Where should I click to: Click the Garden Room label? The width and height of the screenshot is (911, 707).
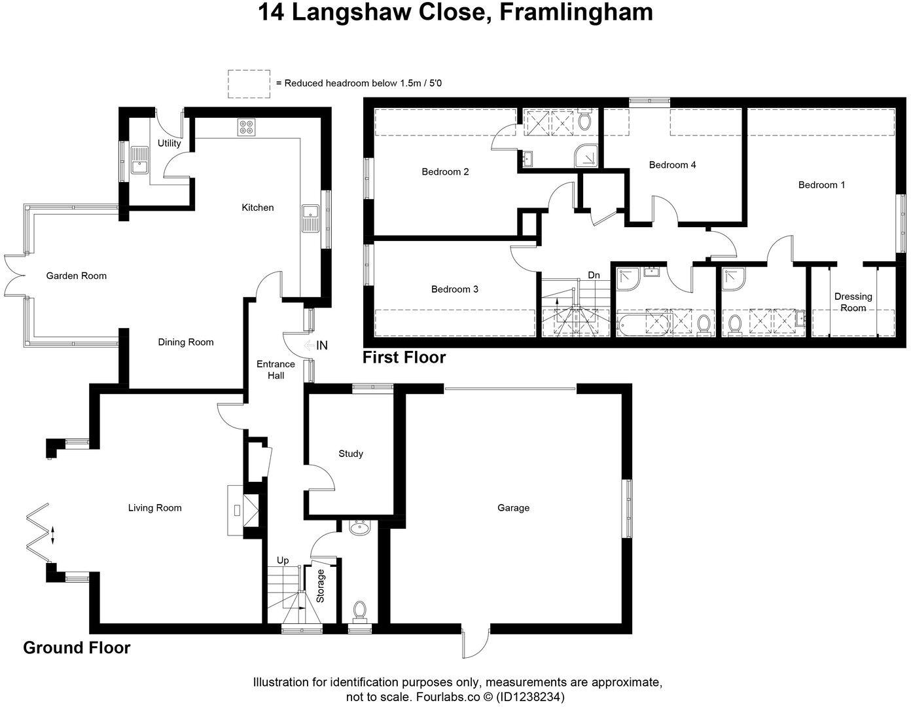76,276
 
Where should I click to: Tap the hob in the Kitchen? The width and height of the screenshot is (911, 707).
247,126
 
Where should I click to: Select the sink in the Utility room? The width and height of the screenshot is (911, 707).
139,160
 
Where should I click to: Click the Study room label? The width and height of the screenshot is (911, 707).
351,453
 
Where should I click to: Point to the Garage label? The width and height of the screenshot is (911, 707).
513,507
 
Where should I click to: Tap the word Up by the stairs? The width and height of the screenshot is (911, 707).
283,560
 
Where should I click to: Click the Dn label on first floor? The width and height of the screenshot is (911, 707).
594,275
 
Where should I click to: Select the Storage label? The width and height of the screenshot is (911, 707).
321,586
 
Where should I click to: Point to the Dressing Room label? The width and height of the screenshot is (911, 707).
853,302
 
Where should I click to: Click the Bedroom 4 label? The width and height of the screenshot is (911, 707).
672,164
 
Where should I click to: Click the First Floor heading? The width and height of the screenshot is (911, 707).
404,357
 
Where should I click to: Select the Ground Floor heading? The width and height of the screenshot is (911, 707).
77,647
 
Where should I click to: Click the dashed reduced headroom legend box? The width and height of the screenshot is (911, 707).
249,84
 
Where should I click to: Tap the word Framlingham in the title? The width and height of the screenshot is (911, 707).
577,12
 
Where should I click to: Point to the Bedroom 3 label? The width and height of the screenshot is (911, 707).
455,289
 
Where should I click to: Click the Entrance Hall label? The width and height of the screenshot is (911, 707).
276,370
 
